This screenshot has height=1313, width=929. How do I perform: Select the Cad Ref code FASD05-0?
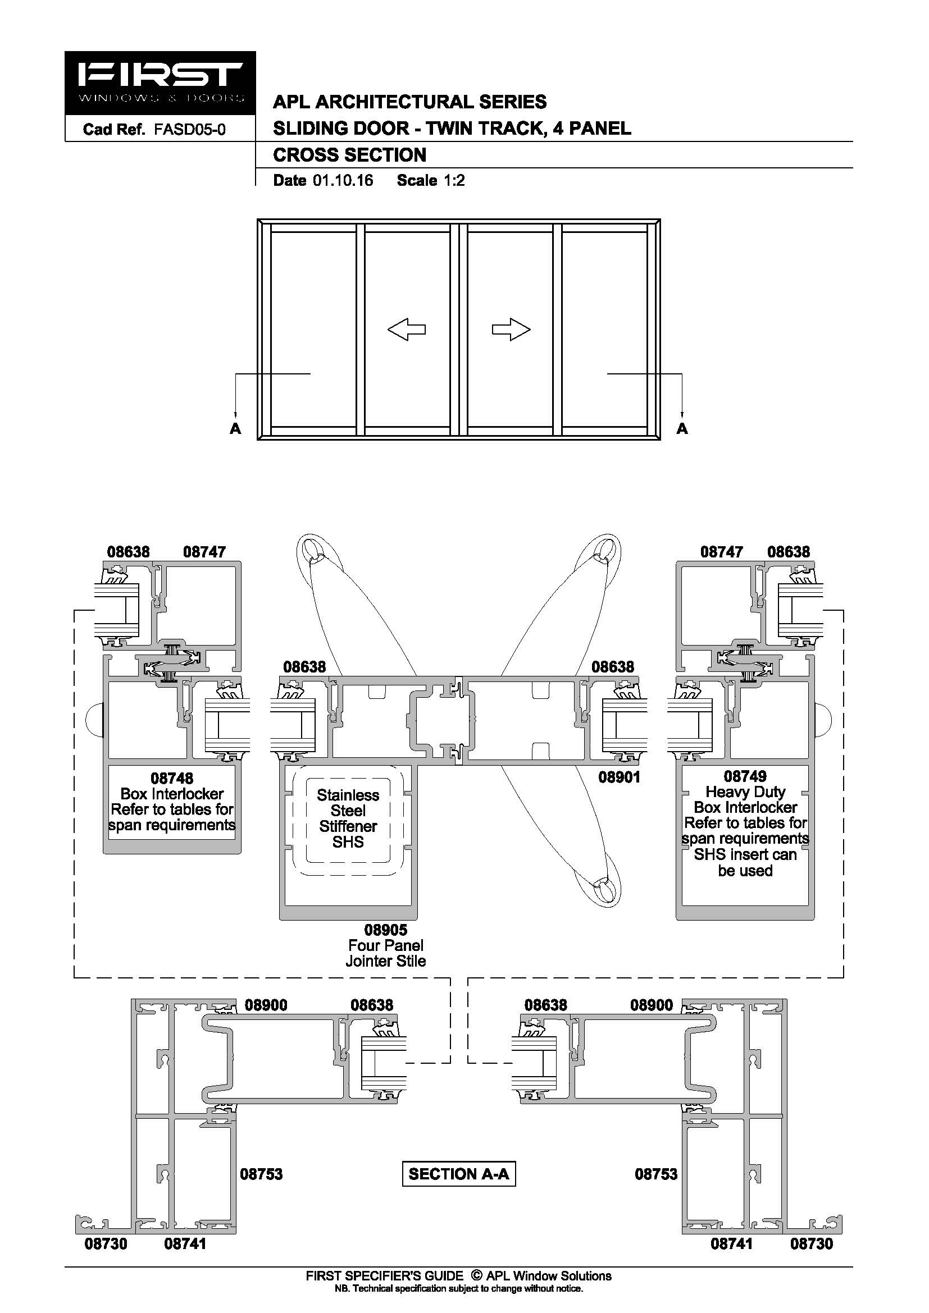[189, 130]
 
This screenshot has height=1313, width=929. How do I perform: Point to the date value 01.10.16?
[343, 181]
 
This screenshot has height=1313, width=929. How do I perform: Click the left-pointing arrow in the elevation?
[407, 330]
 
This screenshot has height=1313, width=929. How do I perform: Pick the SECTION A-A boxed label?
[459, 1174]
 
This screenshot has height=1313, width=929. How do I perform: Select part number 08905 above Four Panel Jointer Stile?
[386, 930]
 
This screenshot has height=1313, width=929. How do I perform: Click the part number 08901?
[619, 777]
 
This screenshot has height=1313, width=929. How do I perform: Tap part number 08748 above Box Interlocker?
[172, 778]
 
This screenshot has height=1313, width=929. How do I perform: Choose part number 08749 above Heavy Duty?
[745, 776]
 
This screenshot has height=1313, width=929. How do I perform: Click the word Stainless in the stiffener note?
[348, 795]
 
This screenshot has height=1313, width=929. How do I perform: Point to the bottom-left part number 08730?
[106, 1243]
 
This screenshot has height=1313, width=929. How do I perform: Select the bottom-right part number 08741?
[732, 1243]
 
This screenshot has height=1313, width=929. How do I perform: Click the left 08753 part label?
[261, 1174]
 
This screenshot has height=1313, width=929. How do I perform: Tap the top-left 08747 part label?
[204, 552]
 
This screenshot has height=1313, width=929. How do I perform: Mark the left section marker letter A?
[235, 428]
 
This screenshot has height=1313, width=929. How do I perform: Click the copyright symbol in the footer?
[476, 1276]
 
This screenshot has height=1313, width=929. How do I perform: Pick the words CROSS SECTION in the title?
[349, 155]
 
